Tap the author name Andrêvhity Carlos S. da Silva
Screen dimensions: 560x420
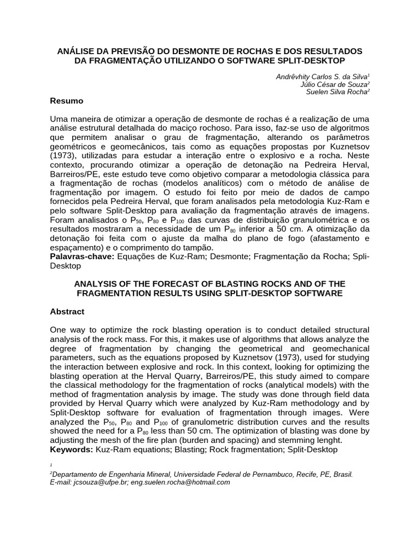tap(323, 77)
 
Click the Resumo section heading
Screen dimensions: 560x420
tap(67, 101)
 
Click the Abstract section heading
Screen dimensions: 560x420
tap(67, 312)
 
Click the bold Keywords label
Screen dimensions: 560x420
tap(71, 450)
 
